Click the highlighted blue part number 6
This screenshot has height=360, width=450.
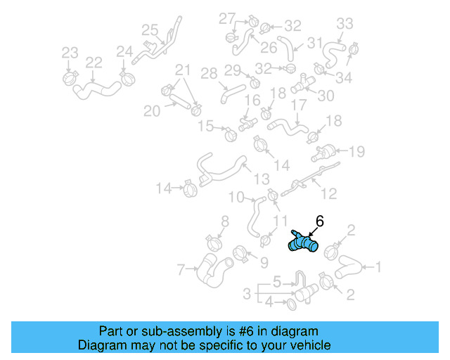point(304,243)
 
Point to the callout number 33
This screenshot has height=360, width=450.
point(345,24)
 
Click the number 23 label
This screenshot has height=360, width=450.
point(70,53)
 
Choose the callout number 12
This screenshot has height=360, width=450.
point(328,193)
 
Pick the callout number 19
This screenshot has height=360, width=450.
point(357,150)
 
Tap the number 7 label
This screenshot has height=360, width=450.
point(181,269)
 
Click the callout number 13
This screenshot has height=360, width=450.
point(262,179)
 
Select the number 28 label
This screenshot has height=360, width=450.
point(209,73)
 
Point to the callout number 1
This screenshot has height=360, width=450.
point(378,266)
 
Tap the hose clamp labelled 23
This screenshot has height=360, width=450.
point(70,75)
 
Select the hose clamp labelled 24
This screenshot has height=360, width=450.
point(128,75)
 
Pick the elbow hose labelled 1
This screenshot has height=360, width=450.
point(347,267)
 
